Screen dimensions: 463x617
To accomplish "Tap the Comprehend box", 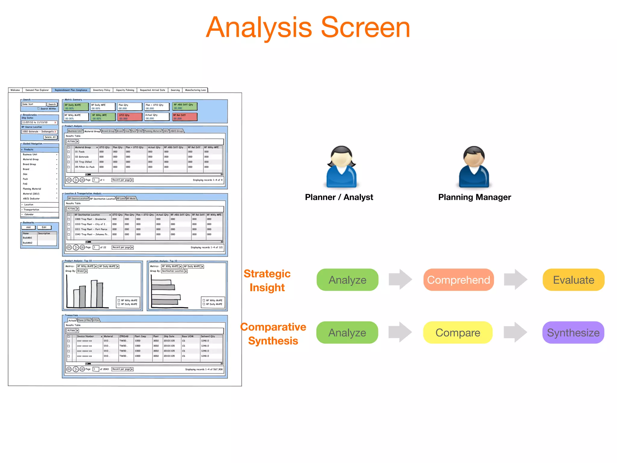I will (x=458, y=280).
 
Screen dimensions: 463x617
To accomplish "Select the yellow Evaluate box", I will (x=573, y=280).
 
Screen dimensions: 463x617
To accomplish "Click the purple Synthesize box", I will (x=573, y=332).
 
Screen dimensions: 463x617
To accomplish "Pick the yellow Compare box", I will (x=458, y=332).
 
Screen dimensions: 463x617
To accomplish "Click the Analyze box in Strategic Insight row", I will (x=347, y=280).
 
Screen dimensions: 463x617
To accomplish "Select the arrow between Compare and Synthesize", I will (x=515, y=332).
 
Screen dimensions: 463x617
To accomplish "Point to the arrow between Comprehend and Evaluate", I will (x=515, y=279).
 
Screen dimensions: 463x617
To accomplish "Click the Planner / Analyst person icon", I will (x=341, y=167).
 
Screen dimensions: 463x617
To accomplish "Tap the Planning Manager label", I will (x=474, y=197).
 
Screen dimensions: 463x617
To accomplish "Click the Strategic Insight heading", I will (x=267, y=280).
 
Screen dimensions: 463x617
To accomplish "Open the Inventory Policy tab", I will (x=102, y=90).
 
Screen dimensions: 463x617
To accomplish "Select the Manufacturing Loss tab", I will (x=195, y=90).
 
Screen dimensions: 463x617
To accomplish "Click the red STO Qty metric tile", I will (x=130, y=117).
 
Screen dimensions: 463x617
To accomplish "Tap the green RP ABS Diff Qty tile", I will (x=185, y=106).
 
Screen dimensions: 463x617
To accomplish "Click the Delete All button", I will (x=50, y=137).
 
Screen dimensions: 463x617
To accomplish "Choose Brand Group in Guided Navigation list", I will (x=30, y=164).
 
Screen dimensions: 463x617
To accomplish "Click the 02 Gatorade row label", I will (x=82, y=157).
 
